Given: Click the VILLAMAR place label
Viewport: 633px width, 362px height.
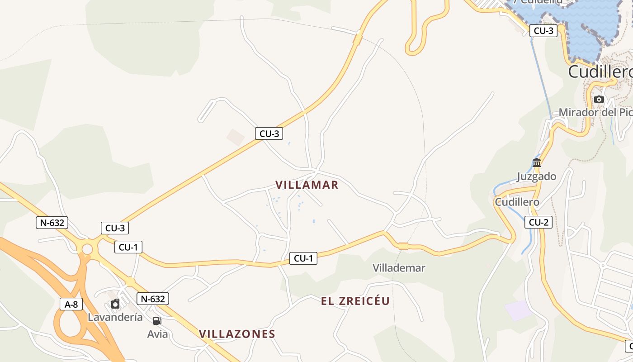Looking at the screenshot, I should click(x=307, y=185).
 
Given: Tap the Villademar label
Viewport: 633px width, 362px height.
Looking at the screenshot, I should click(x=399, y=268).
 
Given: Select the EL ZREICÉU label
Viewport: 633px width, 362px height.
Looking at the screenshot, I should click(x=355, y=301).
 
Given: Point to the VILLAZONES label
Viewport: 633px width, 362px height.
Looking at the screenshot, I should click(x=237, y=334).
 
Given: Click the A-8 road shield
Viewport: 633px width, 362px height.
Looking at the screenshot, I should click(x=71, y=304).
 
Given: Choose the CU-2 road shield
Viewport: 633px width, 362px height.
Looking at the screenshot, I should click(x=539, y=222).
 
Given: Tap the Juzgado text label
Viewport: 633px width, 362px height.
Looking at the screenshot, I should click(x=537, y=176).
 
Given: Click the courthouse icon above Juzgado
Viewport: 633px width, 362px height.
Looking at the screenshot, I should click(x=537, y=162).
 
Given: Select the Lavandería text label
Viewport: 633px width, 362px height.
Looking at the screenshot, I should click(x=115, y=317).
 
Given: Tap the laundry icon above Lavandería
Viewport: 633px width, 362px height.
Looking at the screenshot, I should click(x=115, y=304).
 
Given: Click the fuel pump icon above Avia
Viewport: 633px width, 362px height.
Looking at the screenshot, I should click(x=157, y=321).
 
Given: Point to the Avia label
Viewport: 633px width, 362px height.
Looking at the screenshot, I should click(x=157, y=334).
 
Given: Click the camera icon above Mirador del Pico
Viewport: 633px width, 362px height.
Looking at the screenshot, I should click(x=599, y=99).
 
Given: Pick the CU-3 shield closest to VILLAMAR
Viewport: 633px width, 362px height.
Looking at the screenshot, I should click(x=269, y=133).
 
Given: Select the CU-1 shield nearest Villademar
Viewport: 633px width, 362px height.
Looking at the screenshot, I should click(x=303, y=258).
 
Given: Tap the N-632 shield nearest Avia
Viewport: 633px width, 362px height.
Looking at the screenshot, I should click(x=153, y=299).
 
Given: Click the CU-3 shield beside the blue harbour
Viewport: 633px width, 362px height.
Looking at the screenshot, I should click(x=543, y=31).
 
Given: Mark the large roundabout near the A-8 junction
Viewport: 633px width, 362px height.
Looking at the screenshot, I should click(x=87, y=249).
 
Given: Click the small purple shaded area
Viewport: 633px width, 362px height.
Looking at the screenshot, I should click(x=518, y=310).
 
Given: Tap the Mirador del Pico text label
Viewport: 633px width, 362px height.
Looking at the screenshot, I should click(x=595, y=112).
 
